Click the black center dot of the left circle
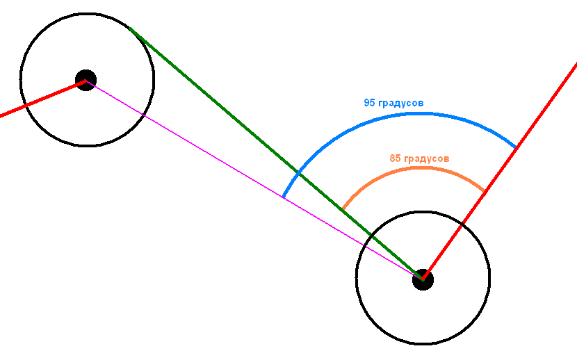(x=86, y=80)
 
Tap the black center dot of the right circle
(x=423, y=279)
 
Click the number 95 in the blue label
(x=369, y=103)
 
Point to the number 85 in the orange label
(x=395, y=158)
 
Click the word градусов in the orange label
(x=427, y=159)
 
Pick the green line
(x=277, y=154)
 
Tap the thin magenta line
(x=254, y=180)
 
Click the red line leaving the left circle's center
(x=42, y=98)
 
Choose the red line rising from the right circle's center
(x=500, y=171)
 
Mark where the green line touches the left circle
(x=131, y=28)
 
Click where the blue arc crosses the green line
(x=298, y=173)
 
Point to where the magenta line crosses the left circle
(x=143, y=115)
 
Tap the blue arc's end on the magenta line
(x=283, y=197)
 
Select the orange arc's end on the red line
(x=485, y=192)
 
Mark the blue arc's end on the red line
(x=516, y=148)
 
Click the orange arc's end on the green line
(x=343, y=210)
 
